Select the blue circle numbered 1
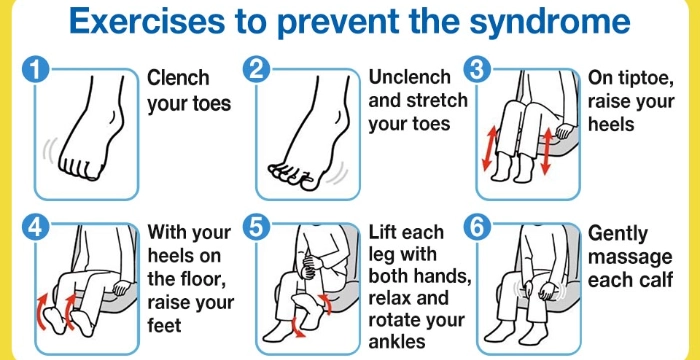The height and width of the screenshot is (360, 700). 35,70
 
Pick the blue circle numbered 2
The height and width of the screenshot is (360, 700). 256,70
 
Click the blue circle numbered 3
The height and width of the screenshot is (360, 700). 477,70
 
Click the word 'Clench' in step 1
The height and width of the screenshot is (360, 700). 178,78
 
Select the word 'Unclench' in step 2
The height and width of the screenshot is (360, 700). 410,77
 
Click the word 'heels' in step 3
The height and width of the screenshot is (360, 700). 611,123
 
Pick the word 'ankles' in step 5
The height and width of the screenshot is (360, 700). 396,342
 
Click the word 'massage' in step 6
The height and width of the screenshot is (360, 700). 629,258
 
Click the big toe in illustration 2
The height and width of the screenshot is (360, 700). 310,181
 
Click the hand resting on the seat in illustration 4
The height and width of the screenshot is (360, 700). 121,287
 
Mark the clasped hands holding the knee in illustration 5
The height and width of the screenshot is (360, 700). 311,265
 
